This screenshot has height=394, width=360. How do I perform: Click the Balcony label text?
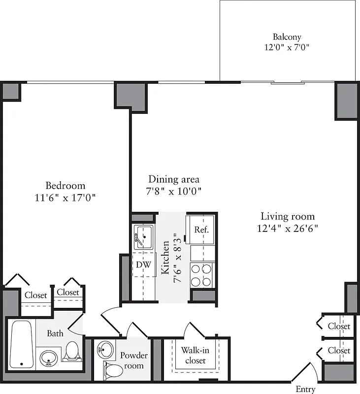pyautogui.click(x=287, y=37)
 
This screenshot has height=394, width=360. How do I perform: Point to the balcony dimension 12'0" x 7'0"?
pyautogui.click(x=287, y=48)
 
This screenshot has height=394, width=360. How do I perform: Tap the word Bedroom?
pyautogui.click(x=65, y=186)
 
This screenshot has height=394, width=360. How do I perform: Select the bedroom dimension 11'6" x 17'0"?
pyautogui.click(x=65, y=197)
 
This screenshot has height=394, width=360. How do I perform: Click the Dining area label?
pyautogui.click(x=174, y=179)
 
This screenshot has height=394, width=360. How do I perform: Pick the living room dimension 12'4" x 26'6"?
pyautogui.click(x=288, y=228)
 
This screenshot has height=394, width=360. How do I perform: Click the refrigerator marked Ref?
pyautogui.click(x=201, y=230)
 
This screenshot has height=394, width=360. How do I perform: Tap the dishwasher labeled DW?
pyautogui.click(x=143, y=264)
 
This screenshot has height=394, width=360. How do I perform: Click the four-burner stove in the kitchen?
pyautogui.click(x=201, y=275)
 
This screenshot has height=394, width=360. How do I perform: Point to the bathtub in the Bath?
pyautogui.click(x=22, y=344)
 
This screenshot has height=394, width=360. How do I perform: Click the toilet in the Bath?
pyautogui.click(x=72, y=351)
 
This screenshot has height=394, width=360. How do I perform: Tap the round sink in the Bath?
pyautogui.click(x=48, y=358)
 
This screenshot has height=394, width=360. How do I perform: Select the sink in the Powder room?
pyautogui.click(x=105, y=350)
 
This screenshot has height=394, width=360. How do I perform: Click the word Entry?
pyautogui.click(x=305, y=389)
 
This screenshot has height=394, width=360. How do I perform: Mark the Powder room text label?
pyautogui.click(x=134, y=361)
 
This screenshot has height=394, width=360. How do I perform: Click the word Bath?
pyautogui.click(x=55, y=333)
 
